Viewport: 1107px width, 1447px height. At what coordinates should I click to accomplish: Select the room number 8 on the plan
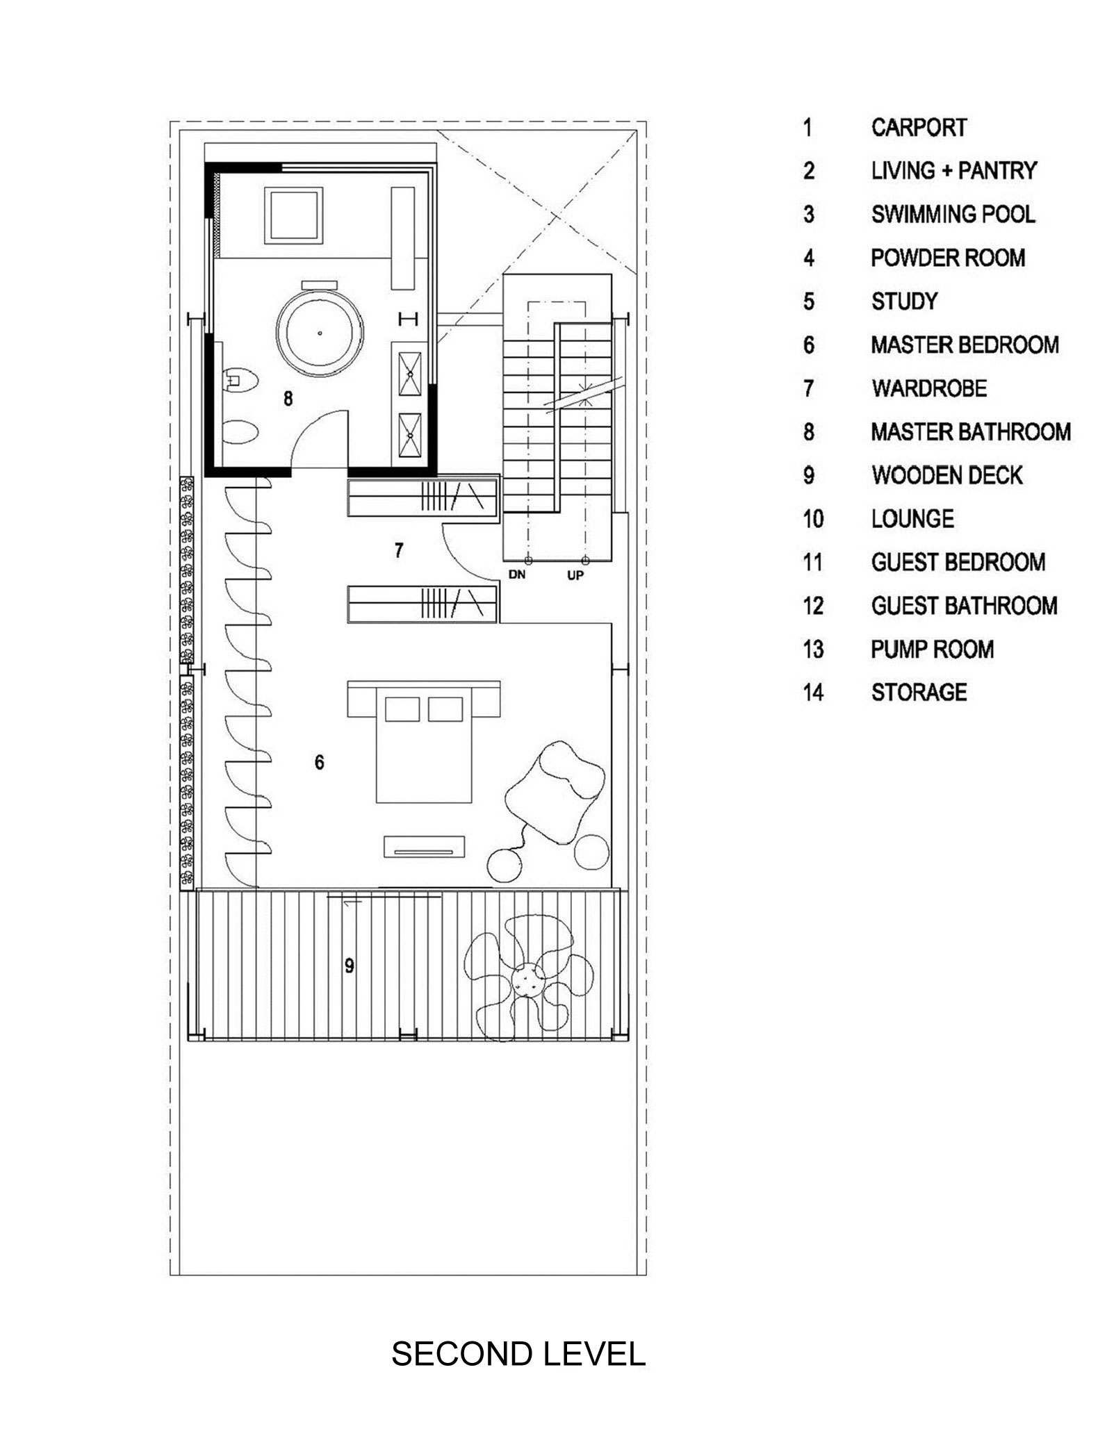pyautogui.click(x=288, y=398)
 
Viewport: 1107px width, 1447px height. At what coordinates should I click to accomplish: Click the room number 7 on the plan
pyautogui.click(x=398, y=550)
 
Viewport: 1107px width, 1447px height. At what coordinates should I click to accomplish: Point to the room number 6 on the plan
pyautogui.click(x=319, y=762)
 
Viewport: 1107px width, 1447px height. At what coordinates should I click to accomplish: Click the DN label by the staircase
pyautogui.click(x=516, y=575)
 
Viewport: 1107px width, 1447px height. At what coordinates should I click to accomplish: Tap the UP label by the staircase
pyautogui.click(x=575, y=575)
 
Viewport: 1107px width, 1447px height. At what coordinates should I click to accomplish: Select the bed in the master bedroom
pyautogui.click(x=423, y=742)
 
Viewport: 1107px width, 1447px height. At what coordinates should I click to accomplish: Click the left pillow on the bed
pyautogui.click(x=402, y=709)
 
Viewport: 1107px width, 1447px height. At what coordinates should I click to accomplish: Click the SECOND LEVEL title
pyautogui.click(x=518, y=1354)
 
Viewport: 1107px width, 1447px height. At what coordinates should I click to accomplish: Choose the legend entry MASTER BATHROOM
pyautogui.click(x=971, y=432)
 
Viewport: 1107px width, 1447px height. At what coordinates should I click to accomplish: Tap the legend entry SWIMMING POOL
pyautogui.click(x=953, y=215)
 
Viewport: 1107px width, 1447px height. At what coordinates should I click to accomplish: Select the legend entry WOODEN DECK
pyautogui.click(x=947, y=476)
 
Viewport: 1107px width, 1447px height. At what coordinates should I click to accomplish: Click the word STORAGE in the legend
pyautogui.click(x=919, y=693)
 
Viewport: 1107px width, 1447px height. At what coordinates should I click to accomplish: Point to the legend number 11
pyautogui.click(x=813, y=563)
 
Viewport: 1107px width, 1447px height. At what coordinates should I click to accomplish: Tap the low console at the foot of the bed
pyautogui.click(x=424, y=847)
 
